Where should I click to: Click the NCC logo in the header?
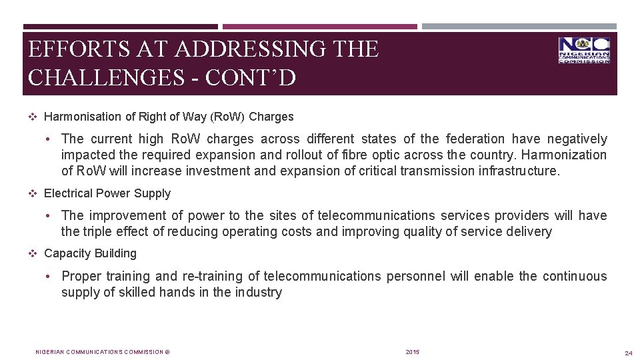pos(584,50)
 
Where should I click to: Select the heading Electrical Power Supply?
pos(107,193)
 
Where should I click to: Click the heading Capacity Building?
pos(90,253)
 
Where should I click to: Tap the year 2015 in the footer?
pos(413,351)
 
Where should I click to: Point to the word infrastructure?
pos(516,171)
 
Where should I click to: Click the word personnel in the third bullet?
pos(413,276)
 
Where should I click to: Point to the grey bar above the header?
pos(519,27)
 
